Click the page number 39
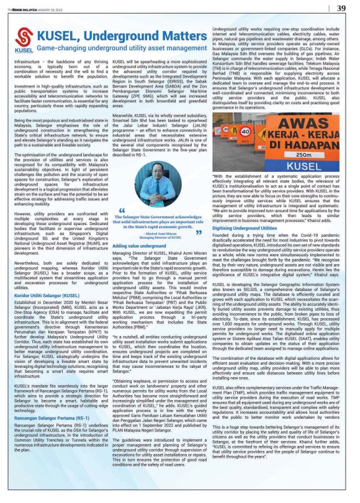[341, 8]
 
